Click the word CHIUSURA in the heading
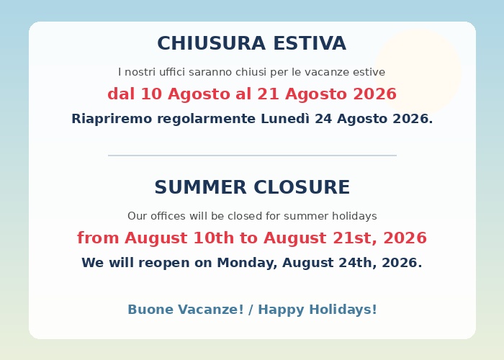211,43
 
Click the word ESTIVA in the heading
310,43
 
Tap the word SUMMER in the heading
200,187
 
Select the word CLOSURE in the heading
302,187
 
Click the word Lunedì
285,119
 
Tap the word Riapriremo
112,120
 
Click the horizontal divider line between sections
252,156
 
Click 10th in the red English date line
214,238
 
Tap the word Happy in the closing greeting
281,310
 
